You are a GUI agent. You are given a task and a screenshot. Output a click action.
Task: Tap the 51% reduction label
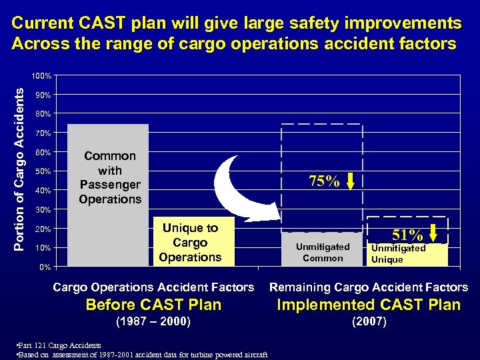408,235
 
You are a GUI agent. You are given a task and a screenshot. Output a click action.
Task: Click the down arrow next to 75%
351,181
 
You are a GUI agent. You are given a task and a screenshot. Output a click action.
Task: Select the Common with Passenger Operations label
110,177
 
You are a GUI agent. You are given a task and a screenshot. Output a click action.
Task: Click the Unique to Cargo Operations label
190,243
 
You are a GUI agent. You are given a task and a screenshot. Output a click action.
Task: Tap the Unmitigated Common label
323,252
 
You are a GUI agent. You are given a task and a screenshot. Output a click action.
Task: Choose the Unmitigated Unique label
398,253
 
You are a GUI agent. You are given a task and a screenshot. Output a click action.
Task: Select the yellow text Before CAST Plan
153,305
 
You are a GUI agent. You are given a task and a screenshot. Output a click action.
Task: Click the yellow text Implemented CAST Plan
368,305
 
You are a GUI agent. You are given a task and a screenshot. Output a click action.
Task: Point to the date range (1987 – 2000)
153,322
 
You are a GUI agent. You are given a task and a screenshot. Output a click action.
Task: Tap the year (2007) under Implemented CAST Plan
368,322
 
